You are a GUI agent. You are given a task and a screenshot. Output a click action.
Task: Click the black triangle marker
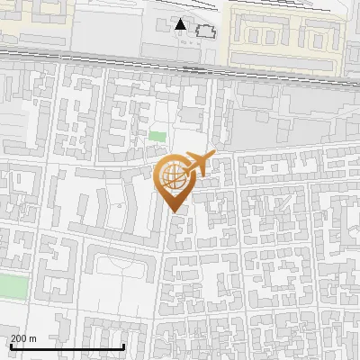[181, 24]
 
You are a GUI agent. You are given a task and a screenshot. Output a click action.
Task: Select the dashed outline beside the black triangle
[206, 31]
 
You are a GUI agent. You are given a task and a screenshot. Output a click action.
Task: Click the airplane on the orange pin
[199, 163]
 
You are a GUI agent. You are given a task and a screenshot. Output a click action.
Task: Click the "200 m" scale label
[23, 338]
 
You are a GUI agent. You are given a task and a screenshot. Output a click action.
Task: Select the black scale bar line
[67, 346]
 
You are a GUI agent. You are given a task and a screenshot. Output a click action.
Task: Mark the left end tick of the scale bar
[11, 345]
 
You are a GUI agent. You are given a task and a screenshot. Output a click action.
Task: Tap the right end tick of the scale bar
[123, 345]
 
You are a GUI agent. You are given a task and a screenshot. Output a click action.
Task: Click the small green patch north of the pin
[157, 137]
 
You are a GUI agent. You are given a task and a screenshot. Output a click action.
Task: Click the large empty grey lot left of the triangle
[108, 31]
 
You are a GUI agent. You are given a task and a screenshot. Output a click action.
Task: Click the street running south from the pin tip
[165, 270]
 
